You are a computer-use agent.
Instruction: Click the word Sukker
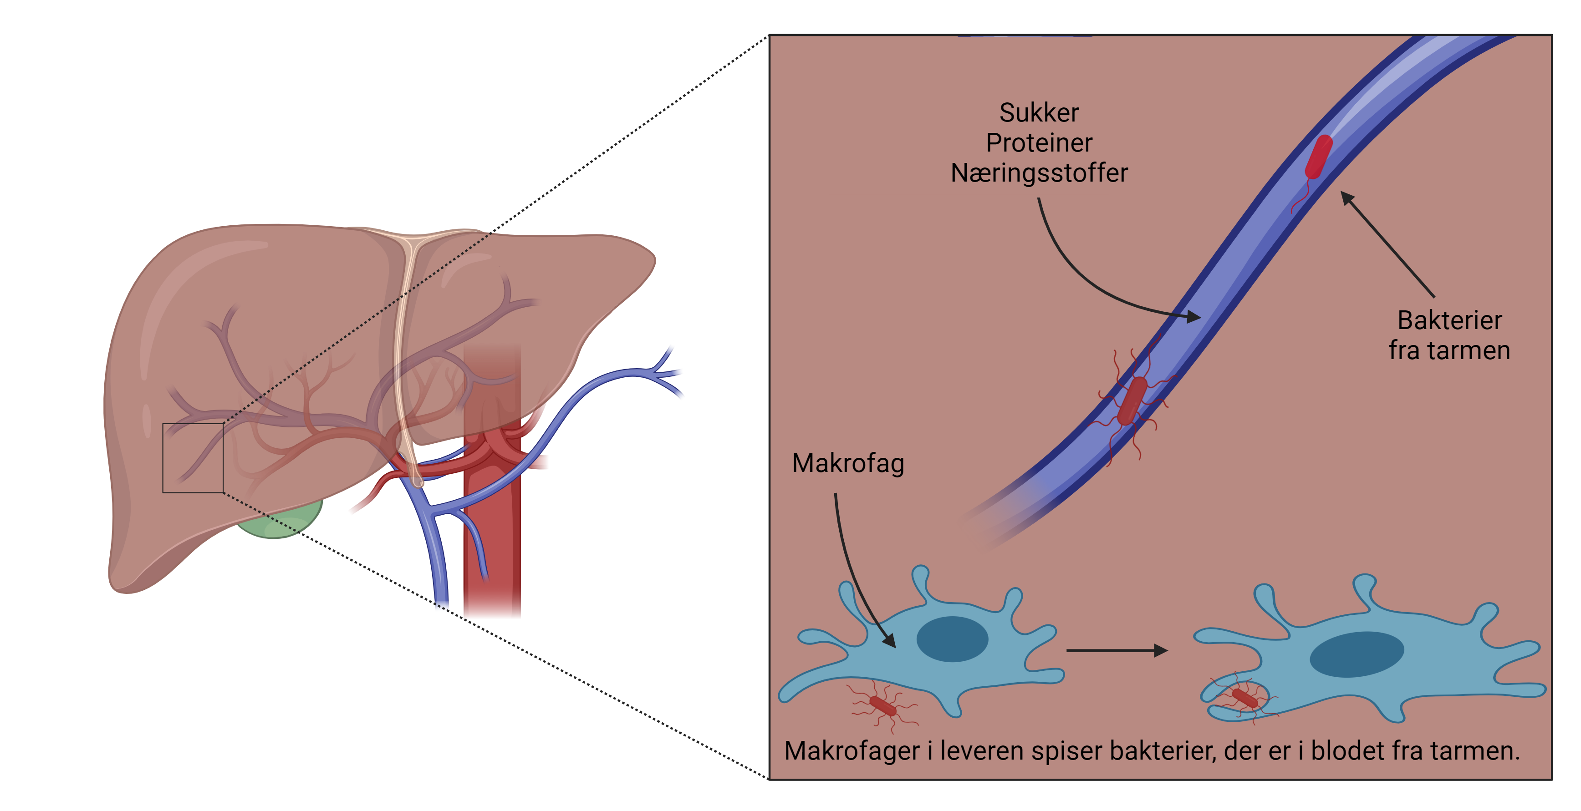pyautogui.click(x=1039, y=113)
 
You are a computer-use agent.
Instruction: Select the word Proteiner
pyautogui.click(x=1039, y=143)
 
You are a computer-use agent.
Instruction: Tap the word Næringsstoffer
pyautogui.click(x=1039, y=173)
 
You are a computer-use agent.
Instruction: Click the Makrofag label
pyautogui.click(x=847, y=464)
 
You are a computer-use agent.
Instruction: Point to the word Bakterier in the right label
pyautogui.click(x=1450, y=320)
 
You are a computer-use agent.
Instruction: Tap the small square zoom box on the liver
pyautogui.click(x=193, y=458)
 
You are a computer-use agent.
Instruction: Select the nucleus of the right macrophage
pyautogui.click(x=1357, y=654)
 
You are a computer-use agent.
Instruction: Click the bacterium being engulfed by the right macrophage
pyautogui.click(x=1244, y=698)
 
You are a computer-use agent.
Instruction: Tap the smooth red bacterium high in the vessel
pyautogui.click(x=1318, y=157)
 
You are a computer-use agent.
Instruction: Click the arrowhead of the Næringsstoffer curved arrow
pyautogui.click(x=1194, y=317)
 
